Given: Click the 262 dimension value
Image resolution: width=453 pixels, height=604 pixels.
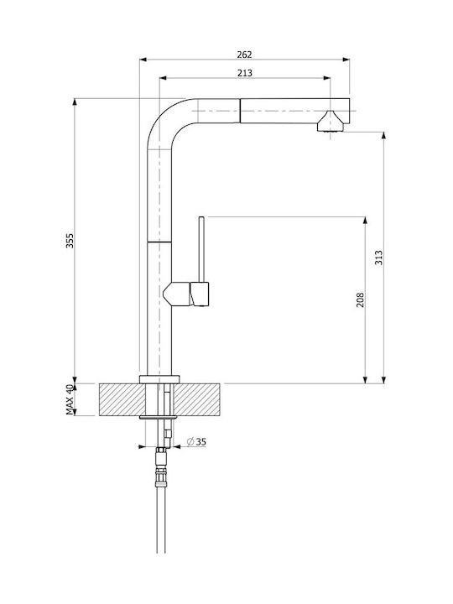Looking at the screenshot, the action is coord(244,55).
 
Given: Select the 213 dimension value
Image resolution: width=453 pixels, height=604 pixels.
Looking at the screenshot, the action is coord(245,73).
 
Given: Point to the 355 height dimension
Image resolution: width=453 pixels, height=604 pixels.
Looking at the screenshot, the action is coord(70,241).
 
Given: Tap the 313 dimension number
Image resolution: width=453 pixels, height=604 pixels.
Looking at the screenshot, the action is coord(378,258).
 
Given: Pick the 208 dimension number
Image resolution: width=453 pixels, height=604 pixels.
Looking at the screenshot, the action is coord(360,299).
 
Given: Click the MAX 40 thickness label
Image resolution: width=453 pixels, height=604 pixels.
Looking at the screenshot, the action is coord(70,399).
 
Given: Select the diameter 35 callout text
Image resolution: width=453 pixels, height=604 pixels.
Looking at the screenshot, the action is coord(196,442).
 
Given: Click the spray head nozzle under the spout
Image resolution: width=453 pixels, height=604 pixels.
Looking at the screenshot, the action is coord(331,122).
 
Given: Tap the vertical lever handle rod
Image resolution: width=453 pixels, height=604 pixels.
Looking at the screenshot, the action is coord(201,250).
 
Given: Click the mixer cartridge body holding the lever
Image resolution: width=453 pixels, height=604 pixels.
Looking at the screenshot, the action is coord(186,294).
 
